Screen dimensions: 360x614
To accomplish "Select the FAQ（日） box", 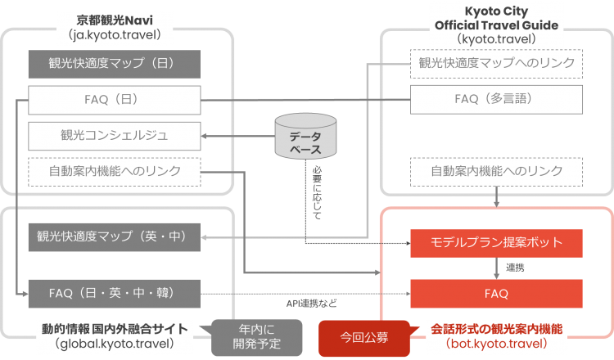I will point(114,100).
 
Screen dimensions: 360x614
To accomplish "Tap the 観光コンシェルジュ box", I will point(114,135).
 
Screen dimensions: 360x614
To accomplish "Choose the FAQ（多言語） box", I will point(497,100).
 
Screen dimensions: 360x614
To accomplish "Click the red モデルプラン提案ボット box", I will point(497,243).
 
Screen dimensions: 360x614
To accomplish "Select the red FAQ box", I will point(497,293).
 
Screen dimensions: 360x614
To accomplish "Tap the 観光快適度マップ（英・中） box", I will point(114,237).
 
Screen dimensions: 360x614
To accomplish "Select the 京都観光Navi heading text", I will point(115,19).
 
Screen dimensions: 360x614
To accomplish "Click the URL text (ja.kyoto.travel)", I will point(115,35).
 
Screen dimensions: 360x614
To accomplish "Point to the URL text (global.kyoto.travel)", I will point(115,344).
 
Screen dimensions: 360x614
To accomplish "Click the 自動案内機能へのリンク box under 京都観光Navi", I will point(114,171).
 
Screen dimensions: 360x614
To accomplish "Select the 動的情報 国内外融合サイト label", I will point(115,328).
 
